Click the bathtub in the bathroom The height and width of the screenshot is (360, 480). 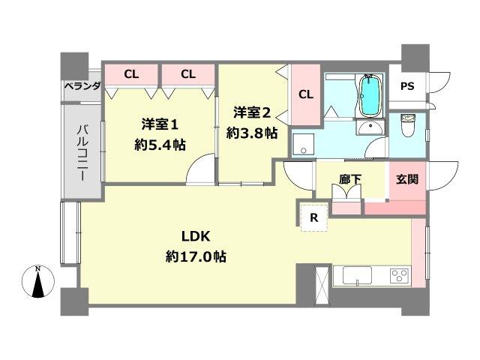[370, 96]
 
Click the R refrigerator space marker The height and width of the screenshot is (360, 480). [314, 218]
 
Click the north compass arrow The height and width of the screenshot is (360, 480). [40, 283]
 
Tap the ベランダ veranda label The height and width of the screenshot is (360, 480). [82, 86]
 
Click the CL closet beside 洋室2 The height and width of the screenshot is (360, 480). [306, 94]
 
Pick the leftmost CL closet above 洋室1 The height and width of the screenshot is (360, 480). [130, 74]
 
